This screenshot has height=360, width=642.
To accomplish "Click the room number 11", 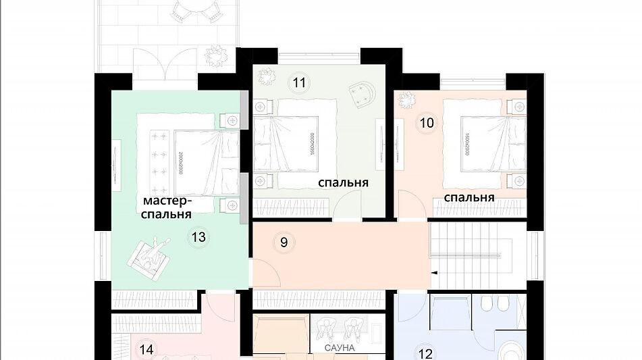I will (300, 83).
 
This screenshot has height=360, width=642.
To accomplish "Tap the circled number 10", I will (426, 123).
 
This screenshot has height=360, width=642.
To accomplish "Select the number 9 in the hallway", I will (284, 242).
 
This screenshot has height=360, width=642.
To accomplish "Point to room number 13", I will (198, 237).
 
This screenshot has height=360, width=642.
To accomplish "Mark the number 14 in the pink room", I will (146, 349).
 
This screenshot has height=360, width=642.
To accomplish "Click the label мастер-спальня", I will (167, 207).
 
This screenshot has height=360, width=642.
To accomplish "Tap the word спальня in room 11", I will (343, 182).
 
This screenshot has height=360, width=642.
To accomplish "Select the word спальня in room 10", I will (469, 197).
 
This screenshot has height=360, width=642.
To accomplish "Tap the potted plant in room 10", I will (407, 101).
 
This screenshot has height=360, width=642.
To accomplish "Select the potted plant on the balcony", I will (216, 53).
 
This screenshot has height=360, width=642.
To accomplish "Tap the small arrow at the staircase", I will (434, 273).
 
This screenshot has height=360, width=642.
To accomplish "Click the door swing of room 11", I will (351, 205).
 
